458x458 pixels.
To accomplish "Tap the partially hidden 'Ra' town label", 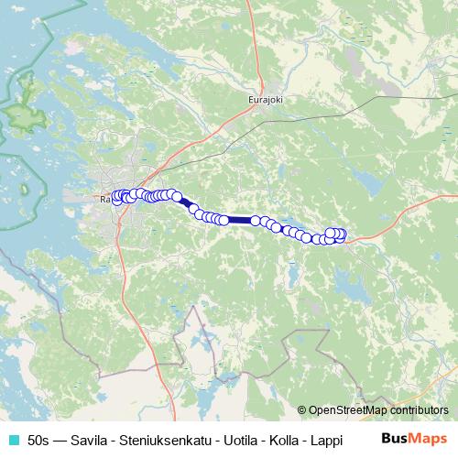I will [x=105, y=197].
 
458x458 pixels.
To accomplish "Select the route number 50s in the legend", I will [x=39, y=440].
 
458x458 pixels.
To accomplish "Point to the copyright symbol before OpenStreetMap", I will [x=301, y=410].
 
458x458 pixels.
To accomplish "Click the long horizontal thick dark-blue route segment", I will [x=239, y=220].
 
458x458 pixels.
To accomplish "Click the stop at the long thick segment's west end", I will [x=224, y=220].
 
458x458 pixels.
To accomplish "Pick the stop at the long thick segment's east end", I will [x=256, y=220].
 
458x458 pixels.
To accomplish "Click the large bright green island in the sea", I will [x=20, y=111].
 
